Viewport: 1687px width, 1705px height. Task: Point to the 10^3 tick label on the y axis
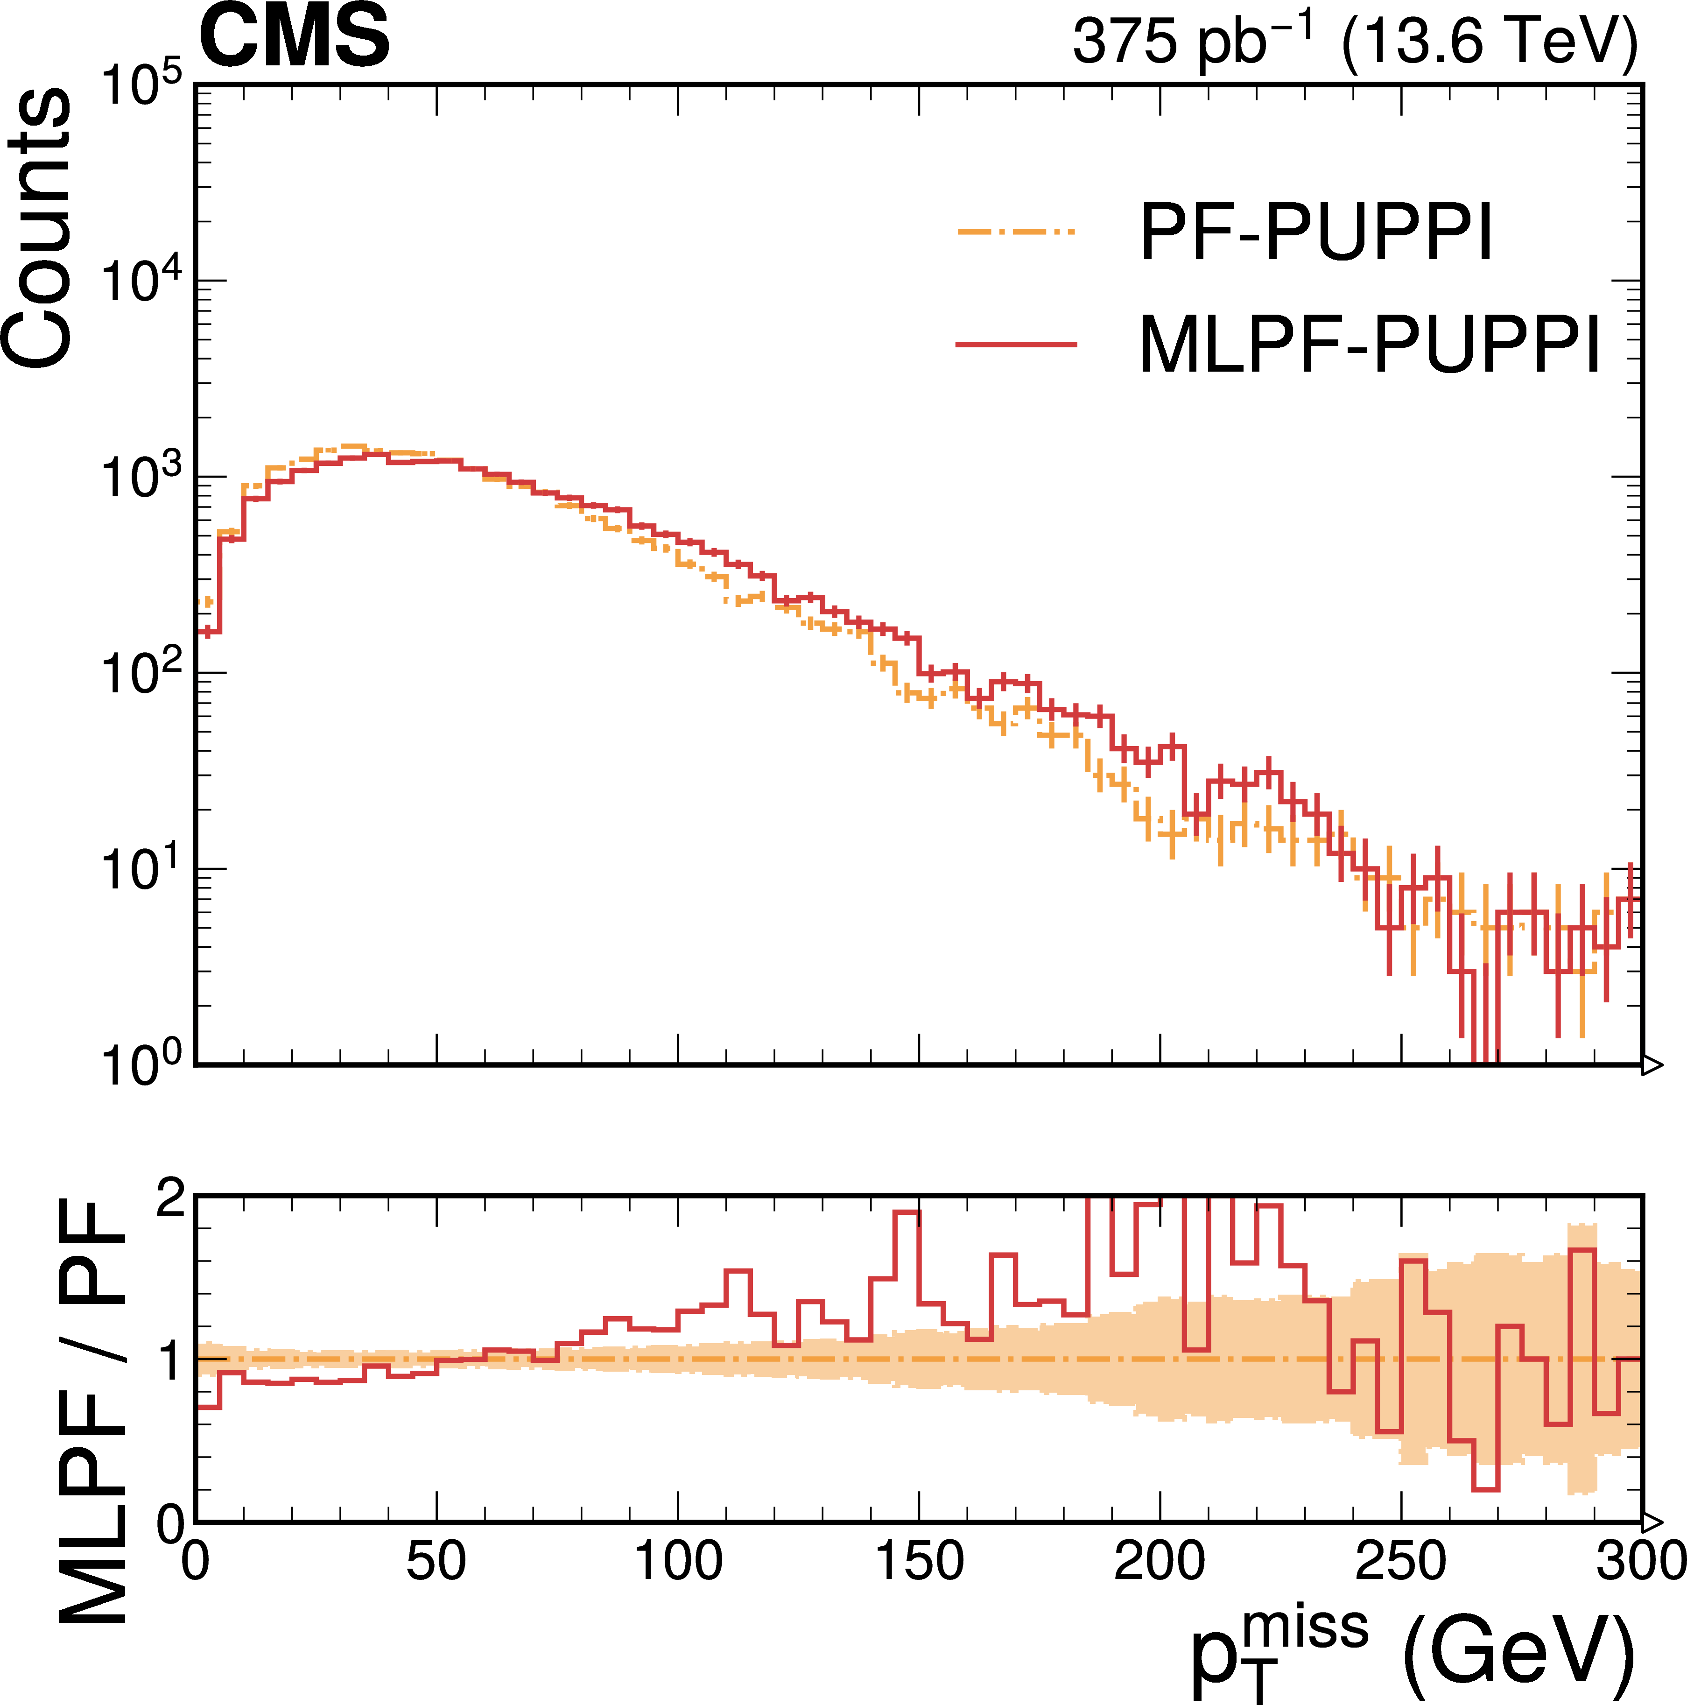(141, 479)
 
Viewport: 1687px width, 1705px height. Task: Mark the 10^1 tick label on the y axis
(141, 870)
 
